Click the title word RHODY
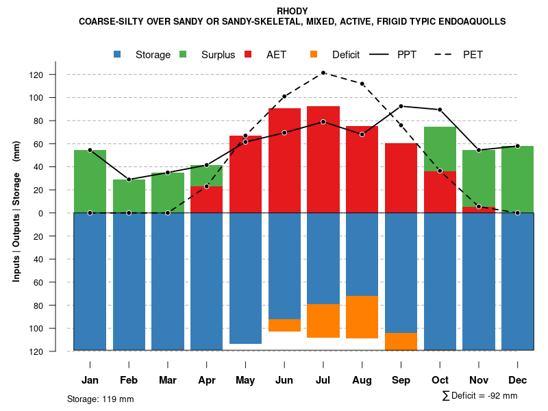[x=292, y=11]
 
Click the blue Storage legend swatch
[x=119, y=54]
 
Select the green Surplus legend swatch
[x=184, y=54]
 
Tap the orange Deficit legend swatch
[x=314, y=54]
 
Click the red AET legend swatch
[x=249, y=54]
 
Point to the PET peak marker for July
[x=323, y=73]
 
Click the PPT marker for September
[x=401, y=106]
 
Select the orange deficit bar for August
[x=362, y=317]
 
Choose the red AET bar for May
[x=245, y=175]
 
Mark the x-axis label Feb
[x=129, y=380]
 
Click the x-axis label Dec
[x=517, y=380]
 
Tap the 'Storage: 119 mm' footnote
[x=100, y=399]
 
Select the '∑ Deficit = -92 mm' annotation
[x=480, y=395]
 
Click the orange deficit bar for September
[x=401, y=341]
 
